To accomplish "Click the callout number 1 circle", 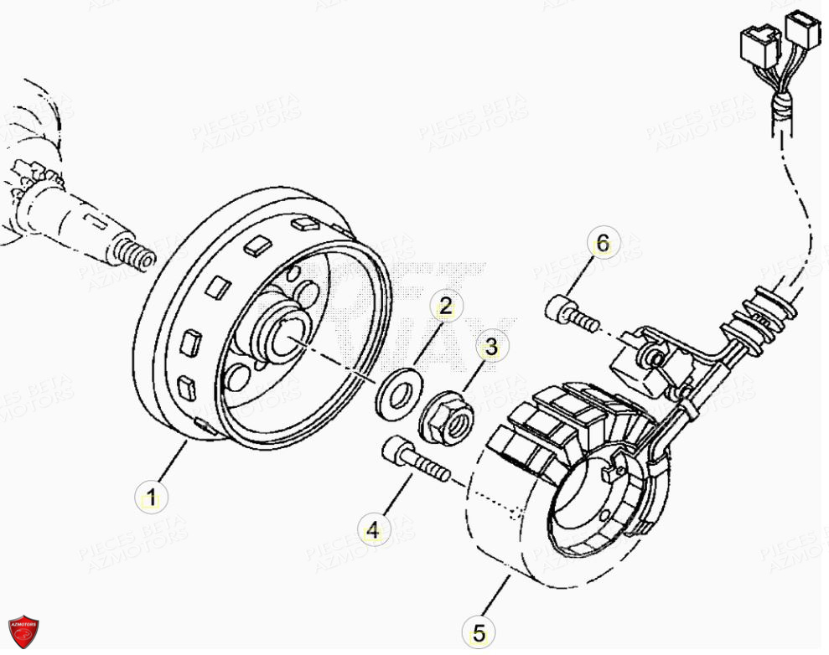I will tap(152, 498).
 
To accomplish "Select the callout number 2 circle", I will tap(445, 307).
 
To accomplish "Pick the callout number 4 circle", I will tap(374, 529).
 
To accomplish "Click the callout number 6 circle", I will tap(601, 245).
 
